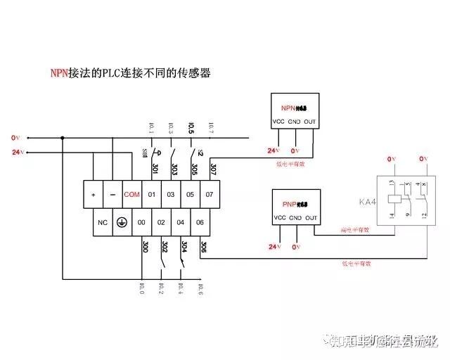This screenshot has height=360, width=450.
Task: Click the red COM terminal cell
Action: coord(131,194)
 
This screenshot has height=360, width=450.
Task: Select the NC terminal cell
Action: coord(102,222)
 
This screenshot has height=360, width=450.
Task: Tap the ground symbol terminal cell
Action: coord(121,222)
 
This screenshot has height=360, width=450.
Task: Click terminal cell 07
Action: coord(210,194)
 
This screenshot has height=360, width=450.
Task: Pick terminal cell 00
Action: coord(141,222)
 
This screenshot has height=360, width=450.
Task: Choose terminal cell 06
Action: coord(200,222)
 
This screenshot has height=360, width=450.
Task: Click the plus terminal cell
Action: coord(93,194)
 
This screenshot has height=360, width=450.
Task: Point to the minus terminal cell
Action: coord(112,194)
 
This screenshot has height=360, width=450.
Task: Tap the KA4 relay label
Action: coord(368,202)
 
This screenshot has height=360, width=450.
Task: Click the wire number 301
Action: coord(155,169)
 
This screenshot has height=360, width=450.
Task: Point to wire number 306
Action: coord(203,247)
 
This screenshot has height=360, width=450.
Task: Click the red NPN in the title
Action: coord(58,72)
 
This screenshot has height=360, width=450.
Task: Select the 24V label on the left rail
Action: coord(18,152)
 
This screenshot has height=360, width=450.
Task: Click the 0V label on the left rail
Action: coord(16,137)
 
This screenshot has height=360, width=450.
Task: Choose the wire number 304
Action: coord(184,247)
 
